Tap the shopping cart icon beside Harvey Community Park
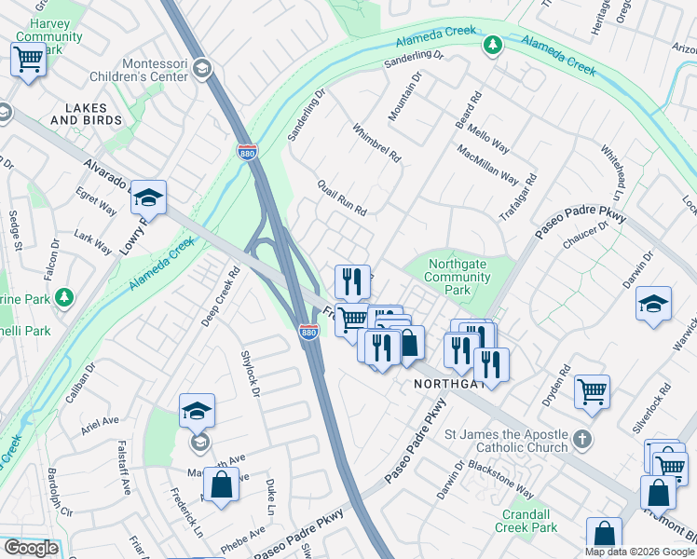[x=28, y=60]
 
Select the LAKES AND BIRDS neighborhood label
[x=86, y=115]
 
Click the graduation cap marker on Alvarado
[x=147, y=198]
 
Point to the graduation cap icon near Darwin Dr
[x=654, y=304]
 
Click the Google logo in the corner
[x=31, y=548]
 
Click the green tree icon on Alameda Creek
[x=492, y=44]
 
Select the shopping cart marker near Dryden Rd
[x=592, y=392]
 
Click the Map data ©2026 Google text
[x=639, y=552]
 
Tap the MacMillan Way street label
[x=487, y=164]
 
